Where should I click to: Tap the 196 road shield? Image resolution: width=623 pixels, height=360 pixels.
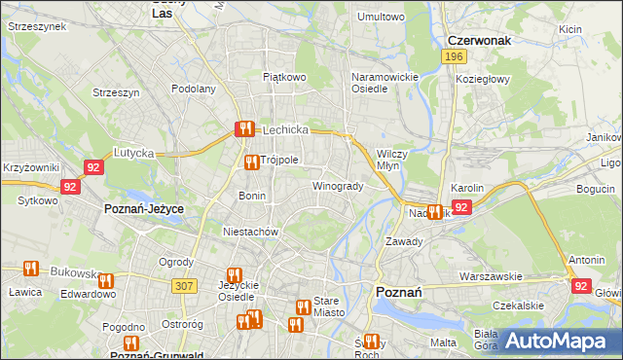tap(453, 57)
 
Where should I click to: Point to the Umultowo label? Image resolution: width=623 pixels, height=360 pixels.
tap(381, 17)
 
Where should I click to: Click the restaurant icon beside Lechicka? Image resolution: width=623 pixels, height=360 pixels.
tap(243, 128)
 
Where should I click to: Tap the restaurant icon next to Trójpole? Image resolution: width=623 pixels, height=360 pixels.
tap(251, 162)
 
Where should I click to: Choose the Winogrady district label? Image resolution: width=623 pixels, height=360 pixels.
tap(337, 186)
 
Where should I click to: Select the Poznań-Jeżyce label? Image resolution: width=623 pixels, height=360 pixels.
tap(144, 209)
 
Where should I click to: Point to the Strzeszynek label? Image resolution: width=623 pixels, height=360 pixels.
tap(36, 27)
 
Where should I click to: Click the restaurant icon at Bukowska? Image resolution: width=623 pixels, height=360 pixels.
tap(30, 269)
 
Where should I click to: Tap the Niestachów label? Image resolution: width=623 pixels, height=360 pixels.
tap(251, 233)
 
